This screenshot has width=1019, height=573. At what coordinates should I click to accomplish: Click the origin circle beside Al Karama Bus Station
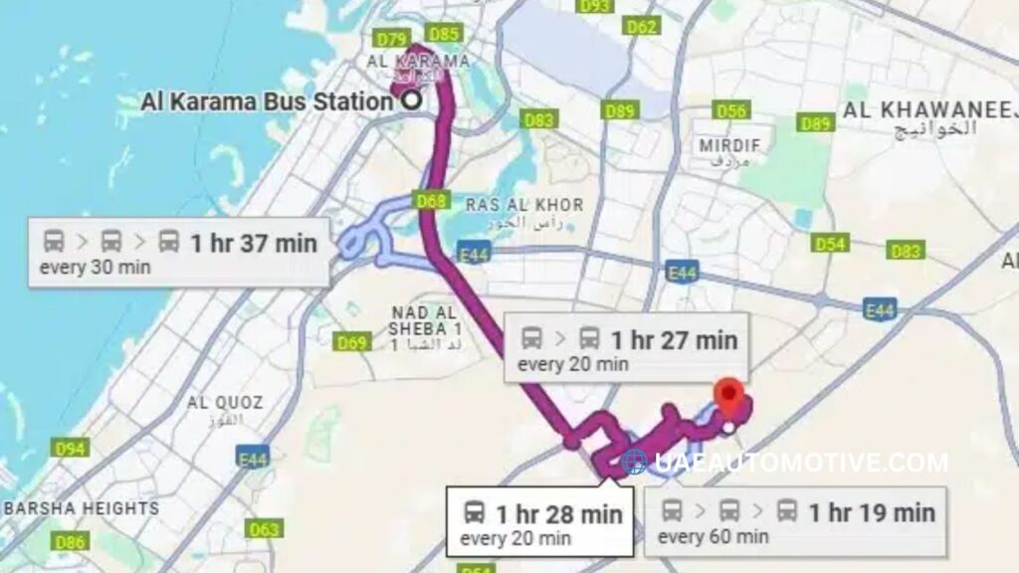(x=409, y=99)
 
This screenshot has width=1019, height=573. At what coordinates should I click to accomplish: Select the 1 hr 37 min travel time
(x=253, y=243)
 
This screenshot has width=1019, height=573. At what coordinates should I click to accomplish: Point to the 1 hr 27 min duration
(x=674, y=340)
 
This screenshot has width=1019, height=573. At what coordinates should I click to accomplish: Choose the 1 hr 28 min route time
(x=558, y=514)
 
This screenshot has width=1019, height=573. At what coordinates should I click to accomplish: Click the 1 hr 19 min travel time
(x=871, y=512)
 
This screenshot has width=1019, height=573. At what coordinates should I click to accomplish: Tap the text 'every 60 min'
(x=713, y=537)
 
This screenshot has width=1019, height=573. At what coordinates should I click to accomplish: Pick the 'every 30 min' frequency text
(x=95, y=267)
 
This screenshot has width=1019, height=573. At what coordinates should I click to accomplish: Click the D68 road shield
(x=431, y=201)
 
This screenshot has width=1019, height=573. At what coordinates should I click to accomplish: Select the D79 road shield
(x=392, y=39)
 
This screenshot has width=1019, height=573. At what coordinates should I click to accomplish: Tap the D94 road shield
(x=71, y=449)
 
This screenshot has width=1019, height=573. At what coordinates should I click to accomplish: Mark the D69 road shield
(x=352, y=343)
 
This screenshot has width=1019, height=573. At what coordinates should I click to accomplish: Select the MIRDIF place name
(x=729, y=145)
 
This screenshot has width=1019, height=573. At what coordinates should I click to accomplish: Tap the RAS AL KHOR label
(x=524, y=205)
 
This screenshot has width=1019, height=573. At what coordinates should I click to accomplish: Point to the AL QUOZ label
(x=225, y=403)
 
